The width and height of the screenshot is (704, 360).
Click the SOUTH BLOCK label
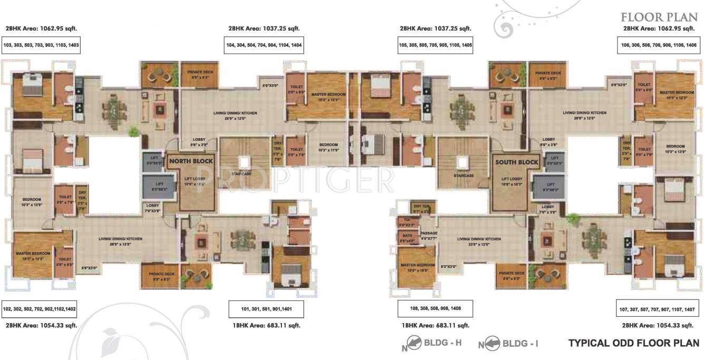[516, 162]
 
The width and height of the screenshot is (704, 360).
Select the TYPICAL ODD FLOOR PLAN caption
[634, 343]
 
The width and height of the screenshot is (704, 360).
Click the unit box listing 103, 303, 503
[41, 46]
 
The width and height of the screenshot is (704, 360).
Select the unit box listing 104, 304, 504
[264, 46]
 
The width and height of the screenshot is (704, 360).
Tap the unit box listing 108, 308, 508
[435, 308]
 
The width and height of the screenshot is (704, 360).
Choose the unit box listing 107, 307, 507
[659, 308]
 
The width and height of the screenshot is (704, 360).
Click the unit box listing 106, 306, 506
[659, 46]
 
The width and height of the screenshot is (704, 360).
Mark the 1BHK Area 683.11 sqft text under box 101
[267, 326]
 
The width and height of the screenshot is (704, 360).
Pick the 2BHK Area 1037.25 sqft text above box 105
[435, 28]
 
